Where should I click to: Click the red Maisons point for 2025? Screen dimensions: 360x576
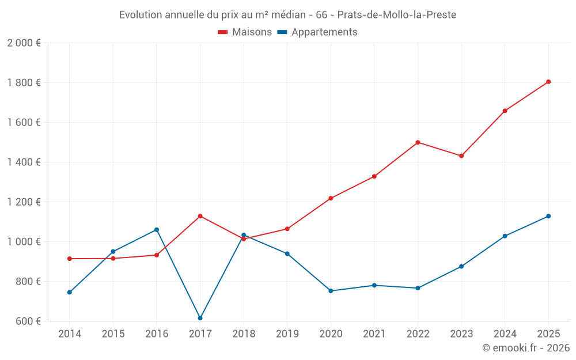548,82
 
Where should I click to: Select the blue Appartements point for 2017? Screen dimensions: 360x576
200,318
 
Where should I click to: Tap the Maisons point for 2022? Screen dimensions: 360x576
418,142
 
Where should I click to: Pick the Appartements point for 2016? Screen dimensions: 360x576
157,230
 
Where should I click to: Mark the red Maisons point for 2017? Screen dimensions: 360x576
200,216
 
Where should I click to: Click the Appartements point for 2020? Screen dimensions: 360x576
331,291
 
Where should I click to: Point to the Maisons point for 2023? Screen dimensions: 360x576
461,156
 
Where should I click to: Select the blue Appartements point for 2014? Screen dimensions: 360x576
70,292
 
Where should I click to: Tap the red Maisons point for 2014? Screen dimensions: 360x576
70,259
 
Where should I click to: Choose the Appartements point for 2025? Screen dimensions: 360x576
548,216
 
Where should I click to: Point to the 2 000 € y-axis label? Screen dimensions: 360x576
24,43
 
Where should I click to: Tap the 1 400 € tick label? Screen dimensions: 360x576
24,162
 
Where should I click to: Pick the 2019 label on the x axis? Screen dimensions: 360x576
287,334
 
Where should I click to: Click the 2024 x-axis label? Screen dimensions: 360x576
505,334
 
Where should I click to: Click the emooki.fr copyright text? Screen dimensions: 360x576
525,348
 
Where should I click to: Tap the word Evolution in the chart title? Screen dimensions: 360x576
141,15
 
